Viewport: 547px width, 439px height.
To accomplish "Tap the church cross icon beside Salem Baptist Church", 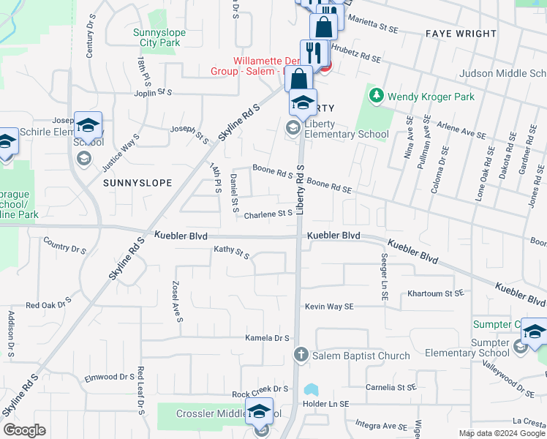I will [x=301, y=356].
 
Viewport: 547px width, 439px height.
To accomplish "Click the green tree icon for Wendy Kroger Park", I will [x=377, y=96].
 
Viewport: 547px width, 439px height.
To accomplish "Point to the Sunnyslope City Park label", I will [x=157, y=37].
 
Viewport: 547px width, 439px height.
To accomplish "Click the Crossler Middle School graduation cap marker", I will [x=258, y=411].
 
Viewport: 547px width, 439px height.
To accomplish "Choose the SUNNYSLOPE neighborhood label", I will [x=137, y=182].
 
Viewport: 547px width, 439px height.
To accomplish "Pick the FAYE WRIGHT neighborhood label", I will [x=461, y=34].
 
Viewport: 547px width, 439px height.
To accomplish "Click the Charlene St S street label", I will [x=268, y=214].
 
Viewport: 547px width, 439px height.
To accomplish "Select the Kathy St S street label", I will [x=232, y=252].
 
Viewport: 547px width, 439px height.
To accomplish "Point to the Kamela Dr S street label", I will [x=268, y=339].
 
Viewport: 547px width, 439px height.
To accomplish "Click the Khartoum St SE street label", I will [x=436, y=293].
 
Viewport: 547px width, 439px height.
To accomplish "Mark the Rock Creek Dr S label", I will [x=260, y=389].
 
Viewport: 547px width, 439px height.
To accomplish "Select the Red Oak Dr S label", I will [x=49, y=303].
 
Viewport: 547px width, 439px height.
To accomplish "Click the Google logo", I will [x=25, y=430].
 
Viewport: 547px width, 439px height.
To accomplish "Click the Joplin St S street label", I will [x=152, y=93].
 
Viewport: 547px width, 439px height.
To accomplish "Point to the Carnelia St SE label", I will [x=391, y=386].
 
